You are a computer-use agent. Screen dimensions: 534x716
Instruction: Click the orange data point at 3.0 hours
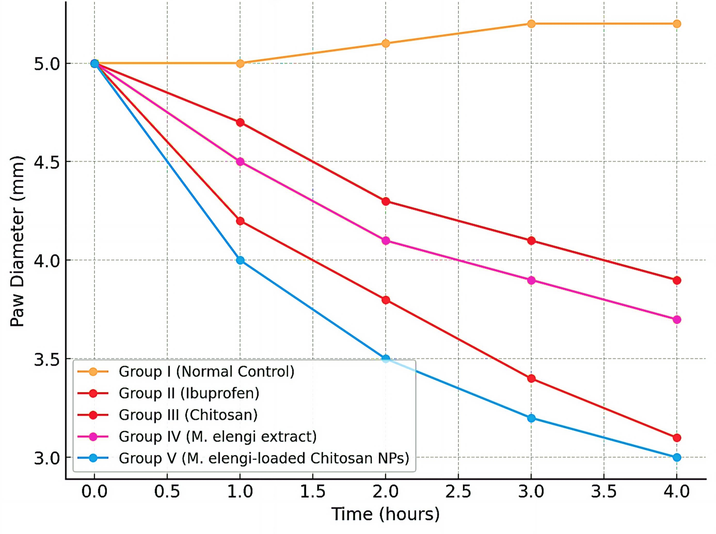(x=531, y=23)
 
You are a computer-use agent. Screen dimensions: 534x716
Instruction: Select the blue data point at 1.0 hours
(x=240, y=260)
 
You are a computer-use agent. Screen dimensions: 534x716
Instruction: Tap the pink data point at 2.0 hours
(x=386, y=241)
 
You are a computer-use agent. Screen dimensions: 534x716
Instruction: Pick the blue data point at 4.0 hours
(x=677, y=457)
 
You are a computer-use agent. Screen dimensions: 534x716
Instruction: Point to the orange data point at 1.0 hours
(x=240, y=63)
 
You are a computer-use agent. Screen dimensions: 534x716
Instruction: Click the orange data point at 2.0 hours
(x=386, y=43)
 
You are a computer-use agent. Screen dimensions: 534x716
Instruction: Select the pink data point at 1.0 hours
(x=240, y=162)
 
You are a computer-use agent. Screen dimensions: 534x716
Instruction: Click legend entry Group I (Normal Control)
(x=206, y=371)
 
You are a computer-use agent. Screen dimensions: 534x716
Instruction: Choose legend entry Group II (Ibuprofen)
(x=189, y=393)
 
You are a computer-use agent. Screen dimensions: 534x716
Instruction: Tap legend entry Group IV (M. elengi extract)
(x=217, y=436)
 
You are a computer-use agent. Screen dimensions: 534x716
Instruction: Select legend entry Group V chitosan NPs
(x=264, y=458)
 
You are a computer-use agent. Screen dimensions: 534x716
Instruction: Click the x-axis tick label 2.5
(x=458, y=492)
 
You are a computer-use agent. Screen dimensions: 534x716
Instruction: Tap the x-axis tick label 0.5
(x=167, y=492)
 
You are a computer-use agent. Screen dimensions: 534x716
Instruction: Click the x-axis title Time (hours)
(x=385, y=514)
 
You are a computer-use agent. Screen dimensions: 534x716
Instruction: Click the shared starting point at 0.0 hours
(x=94, y=63)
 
